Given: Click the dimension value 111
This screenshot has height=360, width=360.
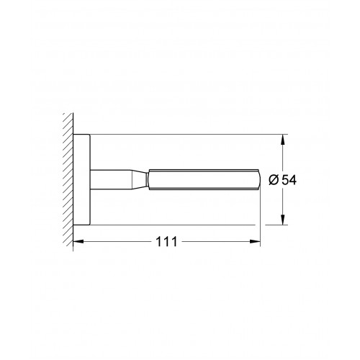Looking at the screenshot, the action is click(166, 241).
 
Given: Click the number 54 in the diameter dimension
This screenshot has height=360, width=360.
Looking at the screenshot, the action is click(289, 180).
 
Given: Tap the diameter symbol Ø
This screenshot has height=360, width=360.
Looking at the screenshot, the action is click(274, 180).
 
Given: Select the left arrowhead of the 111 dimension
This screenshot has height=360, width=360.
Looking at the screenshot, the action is click(78, 241).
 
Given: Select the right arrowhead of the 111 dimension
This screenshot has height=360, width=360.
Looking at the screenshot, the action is click(255, 241).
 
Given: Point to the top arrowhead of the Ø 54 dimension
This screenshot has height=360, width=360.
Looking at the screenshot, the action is click(283, 139).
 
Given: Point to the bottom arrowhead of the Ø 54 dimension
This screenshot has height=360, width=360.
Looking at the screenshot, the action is click(283, 220).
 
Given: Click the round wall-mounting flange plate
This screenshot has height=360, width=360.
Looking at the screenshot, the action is click(81, 180).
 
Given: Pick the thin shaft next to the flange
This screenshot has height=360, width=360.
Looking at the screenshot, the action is click(111, 179).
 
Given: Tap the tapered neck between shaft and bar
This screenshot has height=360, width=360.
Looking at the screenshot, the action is click(139, 179).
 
